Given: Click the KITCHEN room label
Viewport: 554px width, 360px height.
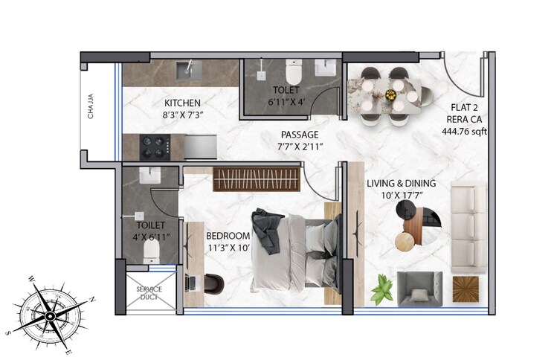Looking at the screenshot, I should pos(182,103).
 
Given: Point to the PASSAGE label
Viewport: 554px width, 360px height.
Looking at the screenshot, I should pos(300,135).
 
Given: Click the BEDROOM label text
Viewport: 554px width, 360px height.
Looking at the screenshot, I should pos(228,237).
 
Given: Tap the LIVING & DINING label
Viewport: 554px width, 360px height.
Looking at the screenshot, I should pos(401,183).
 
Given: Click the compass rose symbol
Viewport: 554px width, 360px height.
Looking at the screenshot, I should pos(51,315).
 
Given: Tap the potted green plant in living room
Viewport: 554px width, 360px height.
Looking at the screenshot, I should pos(382,288).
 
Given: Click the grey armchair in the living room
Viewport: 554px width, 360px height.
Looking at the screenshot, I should pos(419,289).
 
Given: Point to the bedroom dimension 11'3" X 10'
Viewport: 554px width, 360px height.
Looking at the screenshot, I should pos(228,249).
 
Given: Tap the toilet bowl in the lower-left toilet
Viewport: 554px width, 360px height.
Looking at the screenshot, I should pos(150,252).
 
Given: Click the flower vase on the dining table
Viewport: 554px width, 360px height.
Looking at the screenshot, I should pos(390,94).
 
